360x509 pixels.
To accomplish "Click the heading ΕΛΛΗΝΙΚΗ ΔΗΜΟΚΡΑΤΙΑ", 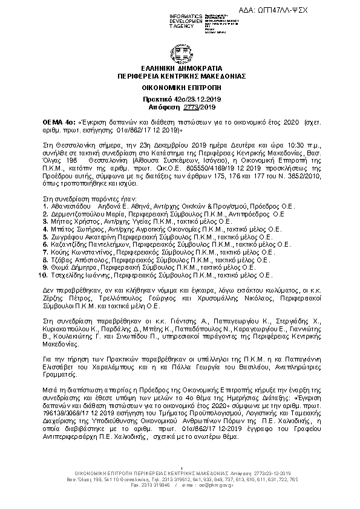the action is [179, 70].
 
